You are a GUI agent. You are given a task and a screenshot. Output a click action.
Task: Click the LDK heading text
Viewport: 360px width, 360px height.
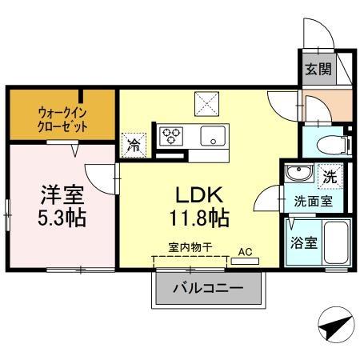pos(199,194)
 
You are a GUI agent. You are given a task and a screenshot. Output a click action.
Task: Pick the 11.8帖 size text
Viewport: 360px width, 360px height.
pos(199,218)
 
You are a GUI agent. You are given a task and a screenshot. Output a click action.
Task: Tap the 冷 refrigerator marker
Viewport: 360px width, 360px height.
pos(133,146)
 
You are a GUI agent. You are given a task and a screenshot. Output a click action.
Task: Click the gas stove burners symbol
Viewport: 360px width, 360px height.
pos(171,136)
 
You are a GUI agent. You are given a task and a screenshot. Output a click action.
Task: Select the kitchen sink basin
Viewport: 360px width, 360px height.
pos(213,135)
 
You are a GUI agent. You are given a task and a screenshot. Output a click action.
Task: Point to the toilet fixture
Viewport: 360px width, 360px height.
pos(329,144)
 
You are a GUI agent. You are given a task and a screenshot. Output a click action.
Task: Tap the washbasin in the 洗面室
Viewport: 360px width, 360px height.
pos(298,173)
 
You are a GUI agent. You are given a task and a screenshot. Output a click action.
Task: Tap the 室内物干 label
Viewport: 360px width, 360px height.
pos(190,249)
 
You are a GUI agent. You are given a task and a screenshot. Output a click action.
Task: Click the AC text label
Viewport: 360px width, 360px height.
pos(245,250)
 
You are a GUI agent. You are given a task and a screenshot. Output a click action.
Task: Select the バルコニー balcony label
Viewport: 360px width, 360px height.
pos(208,289)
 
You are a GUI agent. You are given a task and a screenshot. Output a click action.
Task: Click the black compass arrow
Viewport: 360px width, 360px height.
pos(335,327)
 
